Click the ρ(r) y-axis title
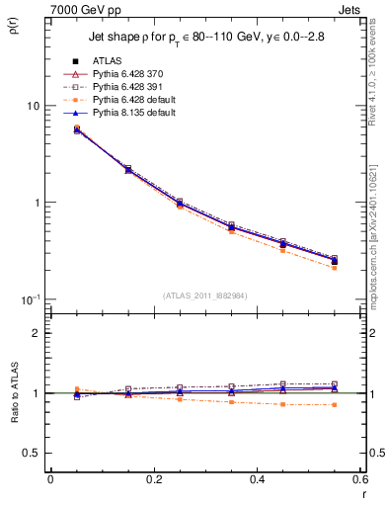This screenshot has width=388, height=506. (x=14, y=28)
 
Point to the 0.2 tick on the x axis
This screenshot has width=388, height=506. (x=153, y=479)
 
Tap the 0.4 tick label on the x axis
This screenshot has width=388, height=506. (x=257, y=479)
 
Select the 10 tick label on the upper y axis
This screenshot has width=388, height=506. (x=32, y=106)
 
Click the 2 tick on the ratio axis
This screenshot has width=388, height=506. (x=36, y=333)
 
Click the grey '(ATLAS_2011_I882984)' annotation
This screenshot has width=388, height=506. (x=205, y=295)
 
